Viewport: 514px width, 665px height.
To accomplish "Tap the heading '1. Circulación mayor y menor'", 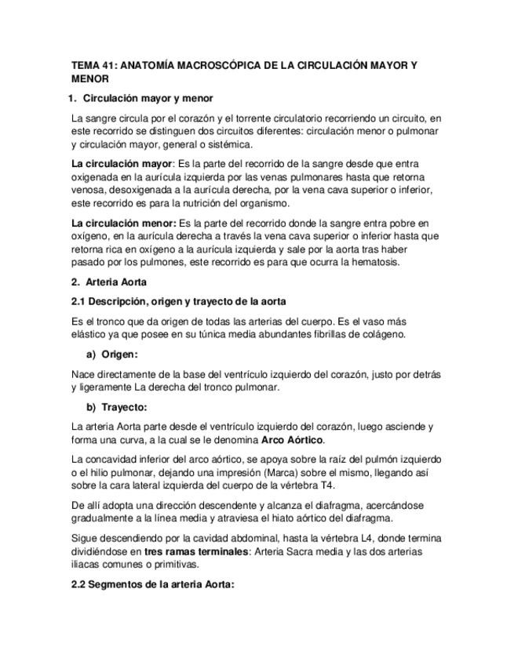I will [141, 99].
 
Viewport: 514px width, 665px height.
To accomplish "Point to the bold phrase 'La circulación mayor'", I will [121, 164].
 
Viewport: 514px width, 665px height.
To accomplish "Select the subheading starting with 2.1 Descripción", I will [178, 301].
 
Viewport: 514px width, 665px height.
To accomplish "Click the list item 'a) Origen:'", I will [111, 354].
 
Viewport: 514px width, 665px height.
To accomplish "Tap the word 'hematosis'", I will [370, 262].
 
